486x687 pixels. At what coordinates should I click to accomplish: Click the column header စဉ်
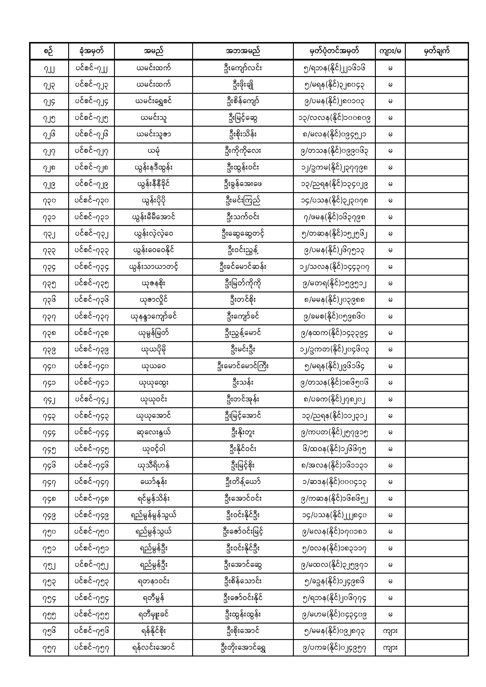pyautogui.click(x=49, y=51)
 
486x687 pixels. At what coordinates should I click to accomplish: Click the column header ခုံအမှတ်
pyautogui.click(x=91, y=51)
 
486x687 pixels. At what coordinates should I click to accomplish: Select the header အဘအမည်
pyautogui.click(x=243, y=51)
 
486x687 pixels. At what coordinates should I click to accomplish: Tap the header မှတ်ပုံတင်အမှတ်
pyautogui.click(x=334, y=51)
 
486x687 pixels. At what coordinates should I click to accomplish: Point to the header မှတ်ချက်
pyautogui.click(x=437, y=51)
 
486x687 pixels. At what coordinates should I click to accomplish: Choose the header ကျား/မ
pyautogui.click(x=390, y=51)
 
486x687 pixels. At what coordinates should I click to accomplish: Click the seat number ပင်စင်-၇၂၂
pyautogui.click(x=91, y=68)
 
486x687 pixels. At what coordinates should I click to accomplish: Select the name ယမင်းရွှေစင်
pyautogui.click(x=153, y=101)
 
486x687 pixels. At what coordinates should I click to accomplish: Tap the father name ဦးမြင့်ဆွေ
pyautogui.click(x=243, y=118)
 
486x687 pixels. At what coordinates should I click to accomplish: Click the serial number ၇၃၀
pyautogui.click(x=49, y=201)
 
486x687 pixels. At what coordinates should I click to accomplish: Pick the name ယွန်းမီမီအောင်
pyautogui.click(x=153, y=217)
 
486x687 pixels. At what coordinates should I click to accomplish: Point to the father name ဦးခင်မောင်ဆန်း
pyautogui.click(x=243, y=267)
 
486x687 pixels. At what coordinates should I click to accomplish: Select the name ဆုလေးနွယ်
pyautogui.click(x=153, y=432)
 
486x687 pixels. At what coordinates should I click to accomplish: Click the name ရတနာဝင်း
pyautogui.click(x=153, y=582)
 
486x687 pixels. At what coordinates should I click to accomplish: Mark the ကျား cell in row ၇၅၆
pyautogui.click(x=390, y=631)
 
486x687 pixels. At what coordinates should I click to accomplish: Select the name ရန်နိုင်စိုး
pyautogui.click(x=153, y=631)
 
